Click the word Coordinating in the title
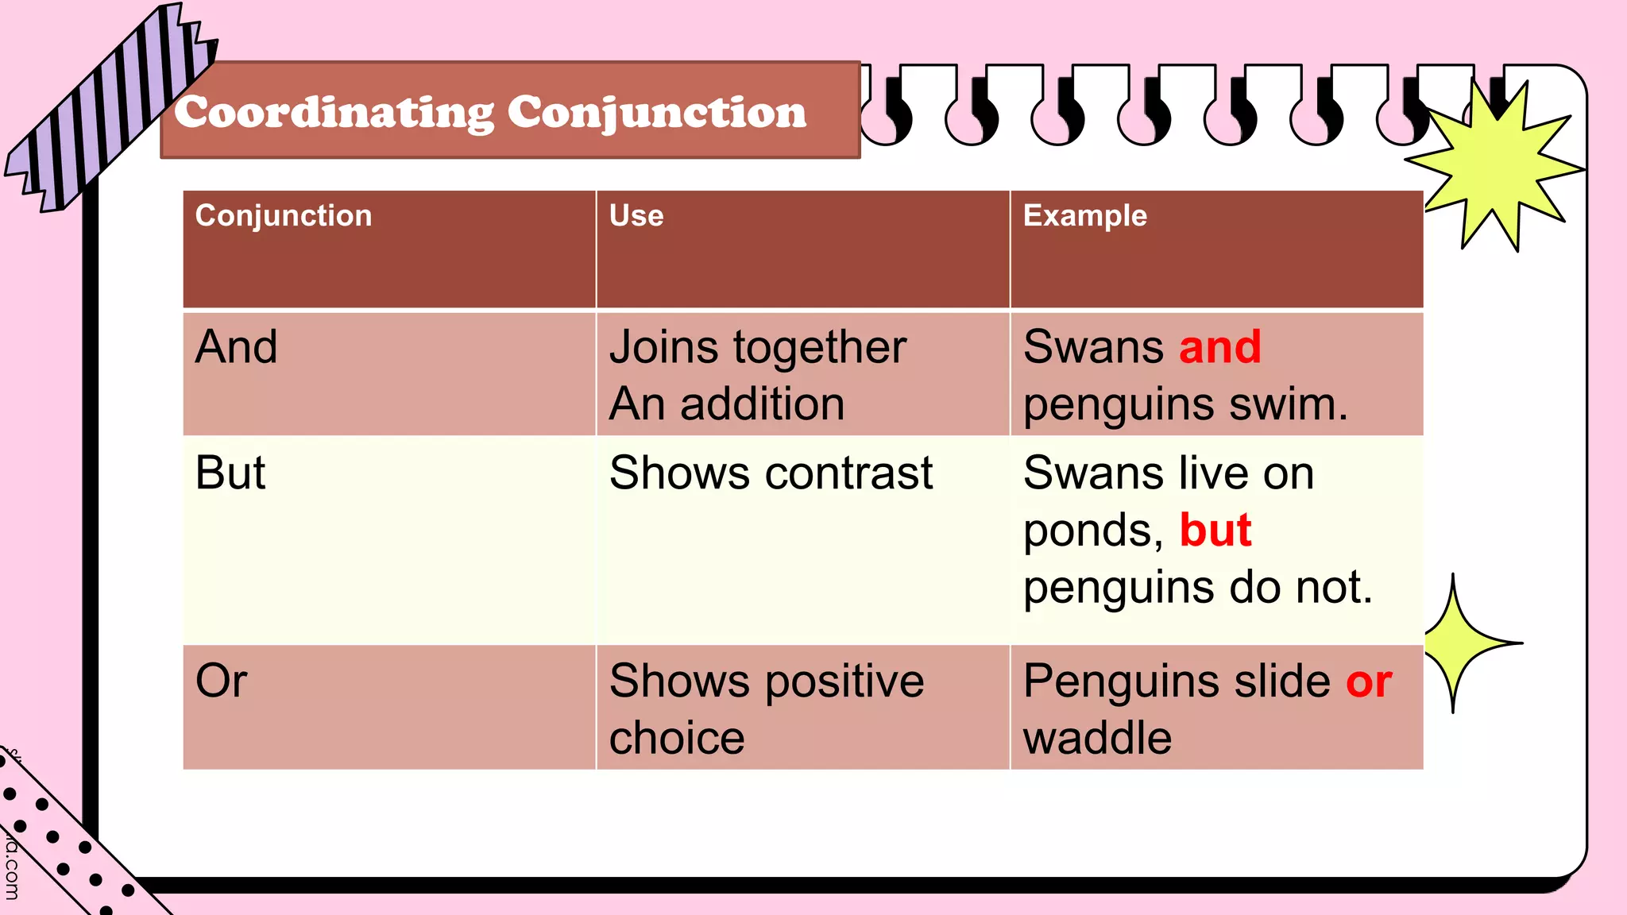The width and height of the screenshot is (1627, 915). click(x=334, y=113)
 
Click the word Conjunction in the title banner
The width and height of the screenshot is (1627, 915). click(x=656, y=113)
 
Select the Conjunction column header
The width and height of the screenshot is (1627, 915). click(x=284, y=216)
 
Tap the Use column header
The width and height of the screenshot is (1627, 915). click(x=636, y=216)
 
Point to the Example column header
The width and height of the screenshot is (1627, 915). click(x=1084, y=216)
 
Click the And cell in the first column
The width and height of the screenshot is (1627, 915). click(x=237, y=347)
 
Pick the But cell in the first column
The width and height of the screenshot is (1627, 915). click(x=230, y=473)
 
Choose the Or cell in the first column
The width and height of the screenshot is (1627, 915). click(x=222, y=681)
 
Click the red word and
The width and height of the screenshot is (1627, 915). click(x=1220, y=347)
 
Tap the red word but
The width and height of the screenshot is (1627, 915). click(x=1215, y=531)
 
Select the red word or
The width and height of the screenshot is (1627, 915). click(x=1369, y=681)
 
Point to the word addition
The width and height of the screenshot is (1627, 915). click(x=762, y=404)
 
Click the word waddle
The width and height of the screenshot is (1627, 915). click(x=1097, y=739)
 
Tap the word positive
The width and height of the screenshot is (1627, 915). click(x=845, y=681)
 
